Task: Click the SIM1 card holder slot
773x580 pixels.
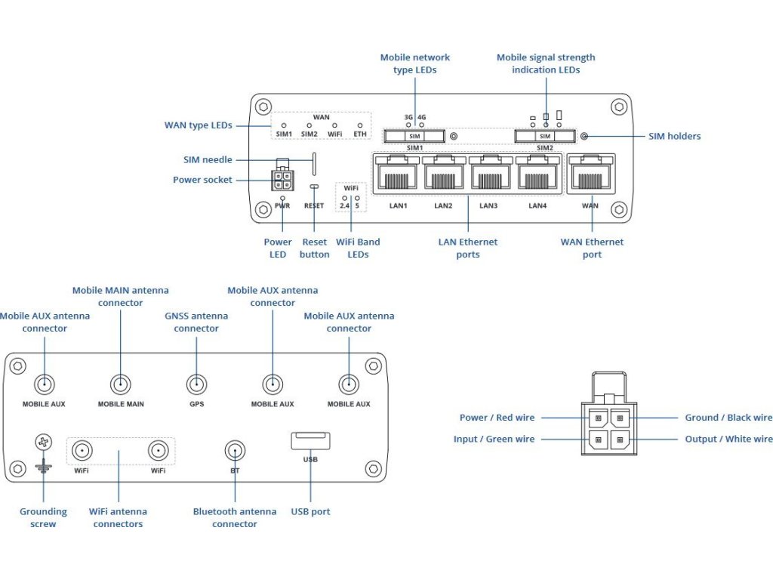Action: (x=414, y=136)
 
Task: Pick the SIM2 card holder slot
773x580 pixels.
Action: (x=544, y=136)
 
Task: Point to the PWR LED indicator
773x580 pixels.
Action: (x=282, y=198)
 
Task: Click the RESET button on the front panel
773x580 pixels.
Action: (x=314, y=187)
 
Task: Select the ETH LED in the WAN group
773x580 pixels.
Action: (x=360, y=125)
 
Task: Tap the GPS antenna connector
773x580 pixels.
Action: (x=196, y=384)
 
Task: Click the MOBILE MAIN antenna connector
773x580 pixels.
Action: (x=120, y=384)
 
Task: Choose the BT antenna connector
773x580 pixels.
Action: (x=235, y=452)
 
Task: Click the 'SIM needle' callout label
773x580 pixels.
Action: (x=208, y=160)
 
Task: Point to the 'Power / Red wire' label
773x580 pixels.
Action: (x=497, y=418)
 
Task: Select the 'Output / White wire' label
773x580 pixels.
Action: (x=728, y=439)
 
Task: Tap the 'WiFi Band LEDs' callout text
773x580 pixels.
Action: (x=357, y=248)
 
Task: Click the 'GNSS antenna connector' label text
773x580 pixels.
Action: (x=196, y=322)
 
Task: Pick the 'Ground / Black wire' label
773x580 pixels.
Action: (x=728, y=418)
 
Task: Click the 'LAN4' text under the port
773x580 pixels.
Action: (x=537, y=205)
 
